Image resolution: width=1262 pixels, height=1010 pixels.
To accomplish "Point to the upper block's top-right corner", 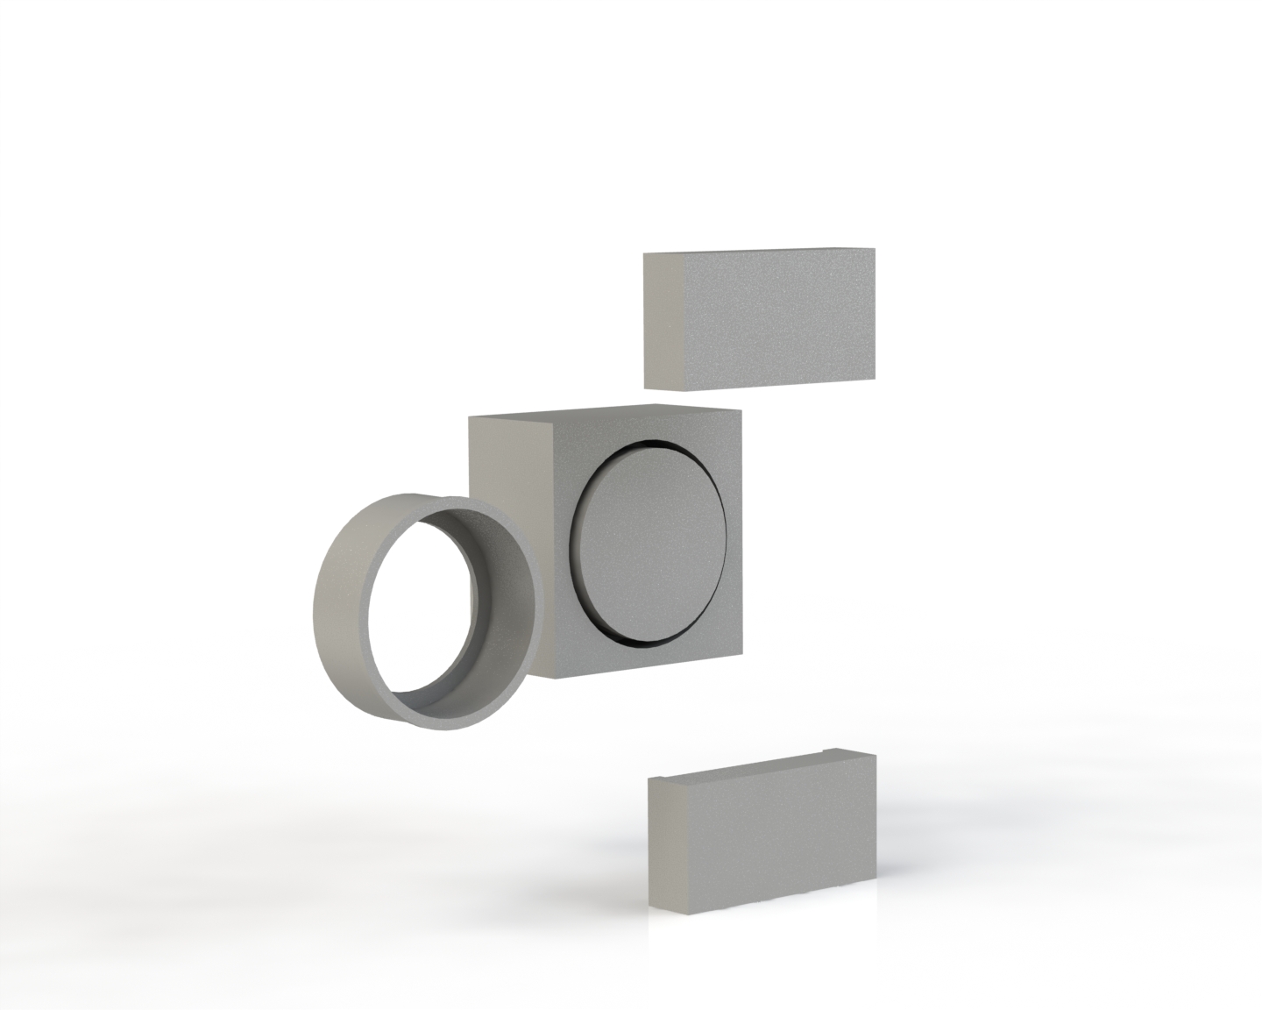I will tap(874, 250).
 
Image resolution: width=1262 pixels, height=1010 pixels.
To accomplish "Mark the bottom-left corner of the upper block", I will tap(645, 387).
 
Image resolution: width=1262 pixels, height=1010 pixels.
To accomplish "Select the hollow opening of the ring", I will tap(421, 605).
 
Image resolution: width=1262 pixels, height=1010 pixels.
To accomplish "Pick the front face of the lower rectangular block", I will tap(780, 842).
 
